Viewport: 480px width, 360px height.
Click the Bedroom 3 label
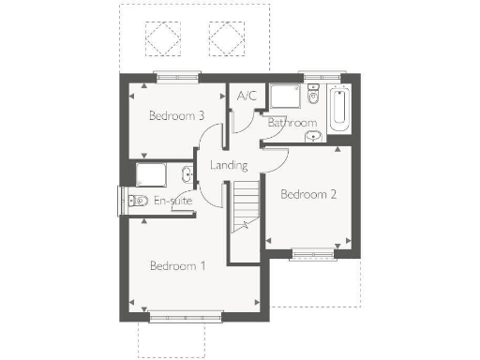pos(177,116)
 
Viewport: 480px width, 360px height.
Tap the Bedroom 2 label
pos(308,195)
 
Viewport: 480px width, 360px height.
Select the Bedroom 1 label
pos(177,266)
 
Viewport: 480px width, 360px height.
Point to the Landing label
pos(229,166)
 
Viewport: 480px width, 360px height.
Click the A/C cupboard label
pos(247,96)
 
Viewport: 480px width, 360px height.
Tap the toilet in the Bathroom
pos(313,96)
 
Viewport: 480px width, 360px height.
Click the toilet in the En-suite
pos(136,200)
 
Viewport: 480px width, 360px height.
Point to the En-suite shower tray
pos(153,175)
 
